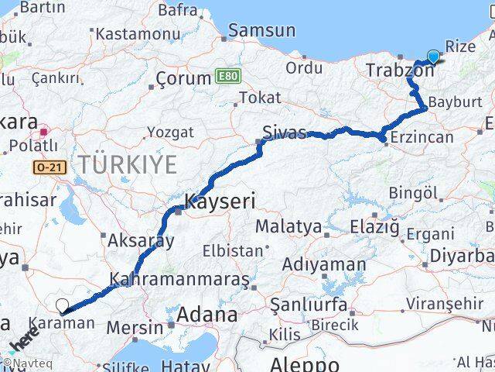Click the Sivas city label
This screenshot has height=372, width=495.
[x=284, y=131]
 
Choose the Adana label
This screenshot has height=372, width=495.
[x=207, y=315]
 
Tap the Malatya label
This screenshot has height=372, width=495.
[x=288, y=226]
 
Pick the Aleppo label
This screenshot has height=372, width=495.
[x=305, y=363]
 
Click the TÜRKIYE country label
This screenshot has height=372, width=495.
[x=127, y=164]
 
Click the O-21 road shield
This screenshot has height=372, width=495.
[x=47, y=167]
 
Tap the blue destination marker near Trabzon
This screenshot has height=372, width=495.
[x=432, y=57]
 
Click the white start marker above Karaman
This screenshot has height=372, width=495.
[x=62, y=306]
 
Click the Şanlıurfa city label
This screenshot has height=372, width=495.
[x=308, y=305]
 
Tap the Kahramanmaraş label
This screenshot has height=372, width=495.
[x=179, y=278]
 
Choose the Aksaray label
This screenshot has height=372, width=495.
[x=141, y=240]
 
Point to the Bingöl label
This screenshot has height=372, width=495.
[x=413, y=191]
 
